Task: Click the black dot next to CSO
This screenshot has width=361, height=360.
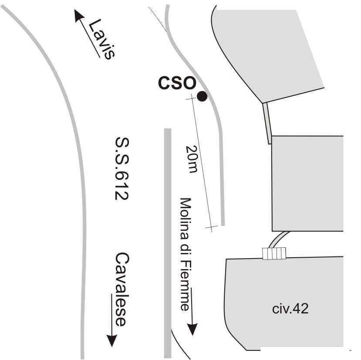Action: [x=202, y=97]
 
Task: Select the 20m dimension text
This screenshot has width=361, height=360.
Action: [x=191, y=158]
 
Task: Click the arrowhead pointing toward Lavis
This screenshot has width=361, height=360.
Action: [x=78, y=16]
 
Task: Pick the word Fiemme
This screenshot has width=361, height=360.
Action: [x=186, y=285]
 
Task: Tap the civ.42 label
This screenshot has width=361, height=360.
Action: [x=290, y=309]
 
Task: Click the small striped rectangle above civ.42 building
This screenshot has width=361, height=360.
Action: [x=274, y=253]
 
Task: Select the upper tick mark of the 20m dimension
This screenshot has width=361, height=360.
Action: [x=190, y=99]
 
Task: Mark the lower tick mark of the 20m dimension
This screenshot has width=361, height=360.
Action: [x=211, y=228]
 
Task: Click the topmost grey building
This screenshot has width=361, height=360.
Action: [x=270, y=48]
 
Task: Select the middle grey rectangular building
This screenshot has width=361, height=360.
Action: [x=307, y=183]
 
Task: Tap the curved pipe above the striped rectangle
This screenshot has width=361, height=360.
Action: [x=279, y=239]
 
